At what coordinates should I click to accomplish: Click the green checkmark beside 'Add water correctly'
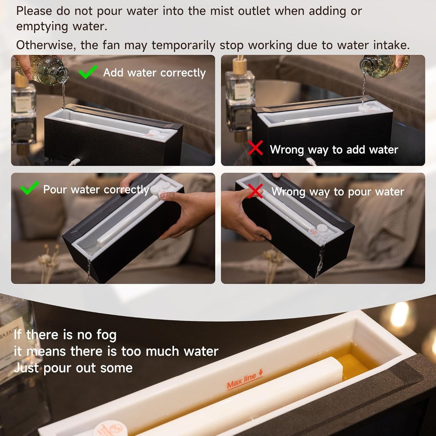pos(88,72)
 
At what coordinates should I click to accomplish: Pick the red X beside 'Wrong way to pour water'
pos(255,191)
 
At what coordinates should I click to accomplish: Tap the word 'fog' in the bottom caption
pos(106,335)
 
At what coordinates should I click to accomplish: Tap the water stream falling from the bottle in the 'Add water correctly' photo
pos(63,97)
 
